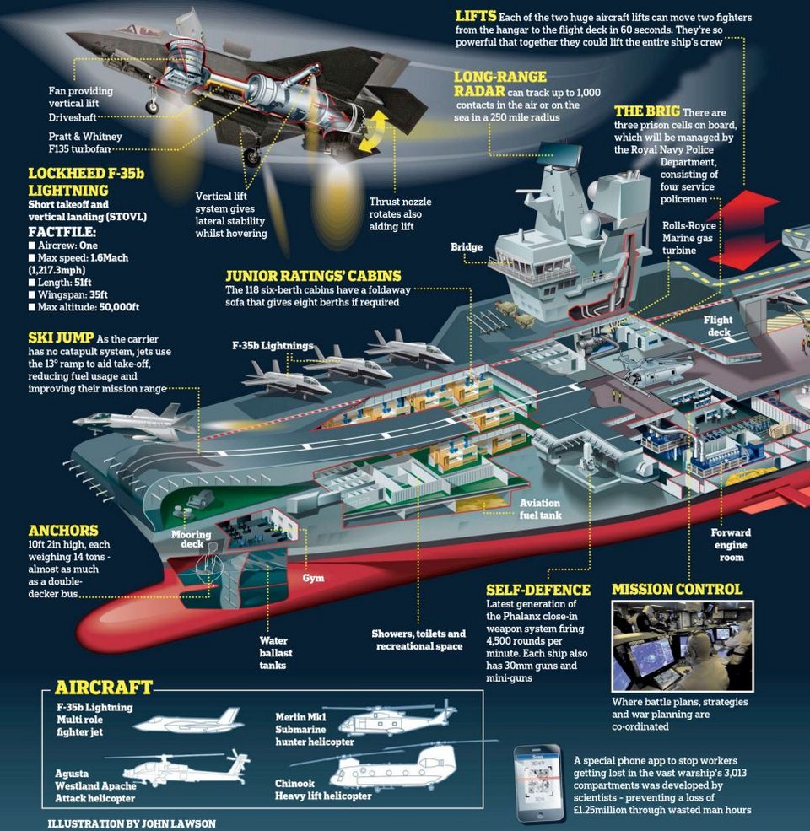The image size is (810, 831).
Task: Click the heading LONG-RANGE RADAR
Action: (x=500, y=84)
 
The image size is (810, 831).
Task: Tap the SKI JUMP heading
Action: (x=62, y=337)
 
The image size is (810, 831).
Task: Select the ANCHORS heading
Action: (x=63, y=531)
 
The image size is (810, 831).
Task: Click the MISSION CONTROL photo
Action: (x=682, y=646)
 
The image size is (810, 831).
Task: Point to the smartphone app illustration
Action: (x=538, y=784)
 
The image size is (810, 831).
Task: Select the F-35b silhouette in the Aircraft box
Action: (x=190, y=720)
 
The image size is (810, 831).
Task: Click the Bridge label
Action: (x=467, y=247)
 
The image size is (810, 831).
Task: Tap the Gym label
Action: (x=313, y=579)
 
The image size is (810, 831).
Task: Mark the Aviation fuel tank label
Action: (x=540, y=509)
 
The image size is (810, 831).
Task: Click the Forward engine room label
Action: (x=730, y=544)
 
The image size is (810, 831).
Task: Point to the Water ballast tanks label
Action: (x=274, y=653)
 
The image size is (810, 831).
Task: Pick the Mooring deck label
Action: (x=192, y=541)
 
